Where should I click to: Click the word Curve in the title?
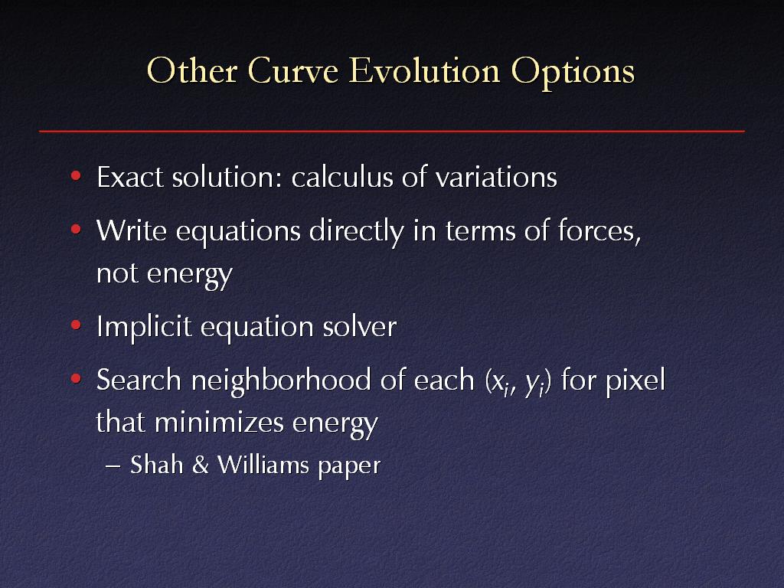(x=293, y=70)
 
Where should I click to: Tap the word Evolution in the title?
(x=424, y=70)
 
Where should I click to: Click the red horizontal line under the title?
(x=392, y=132)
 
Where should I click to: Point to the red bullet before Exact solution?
(x=76, y=175)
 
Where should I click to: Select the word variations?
(x=495, y=178)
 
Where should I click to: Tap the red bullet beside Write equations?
(x=76, y=230)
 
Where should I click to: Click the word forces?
(x=599, y=230)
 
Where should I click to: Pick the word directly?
(x=356, y=232)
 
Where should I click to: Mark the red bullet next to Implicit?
(x=76, y=325)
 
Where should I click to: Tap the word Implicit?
(x=144, y=328)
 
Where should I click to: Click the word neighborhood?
(x=281, y=380)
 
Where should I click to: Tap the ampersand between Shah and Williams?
(x=200, y=465)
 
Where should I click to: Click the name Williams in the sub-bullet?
(x=263, y=465)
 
